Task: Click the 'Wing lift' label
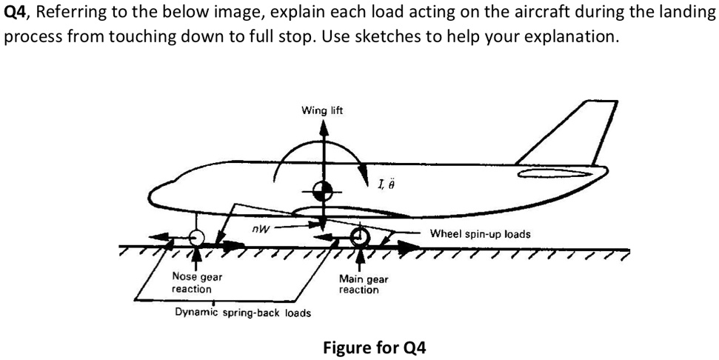tap(323, 110)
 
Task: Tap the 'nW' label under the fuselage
tap(258, 229)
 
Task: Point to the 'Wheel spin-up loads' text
tap(480, 233)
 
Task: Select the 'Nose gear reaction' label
tap(196, 282)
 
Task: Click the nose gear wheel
tap(195, 238)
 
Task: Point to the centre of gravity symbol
tap(323, 191)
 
